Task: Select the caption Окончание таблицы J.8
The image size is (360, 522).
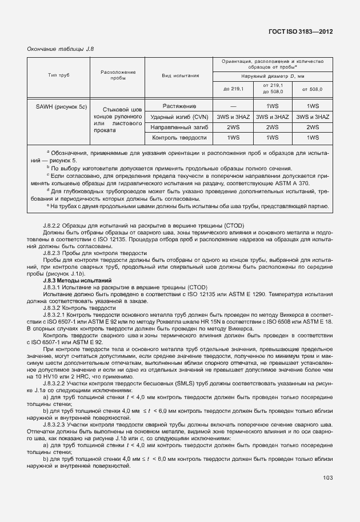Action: tap(60, 49)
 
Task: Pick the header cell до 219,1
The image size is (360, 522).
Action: tap(233, 89)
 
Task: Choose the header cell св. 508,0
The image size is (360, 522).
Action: tap(312, 89)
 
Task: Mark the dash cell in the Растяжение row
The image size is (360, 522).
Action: tap(233, 106)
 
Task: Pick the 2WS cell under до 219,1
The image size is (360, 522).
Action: tap(233, 127)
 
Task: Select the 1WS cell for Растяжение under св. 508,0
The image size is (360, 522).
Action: tap(312, 106)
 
